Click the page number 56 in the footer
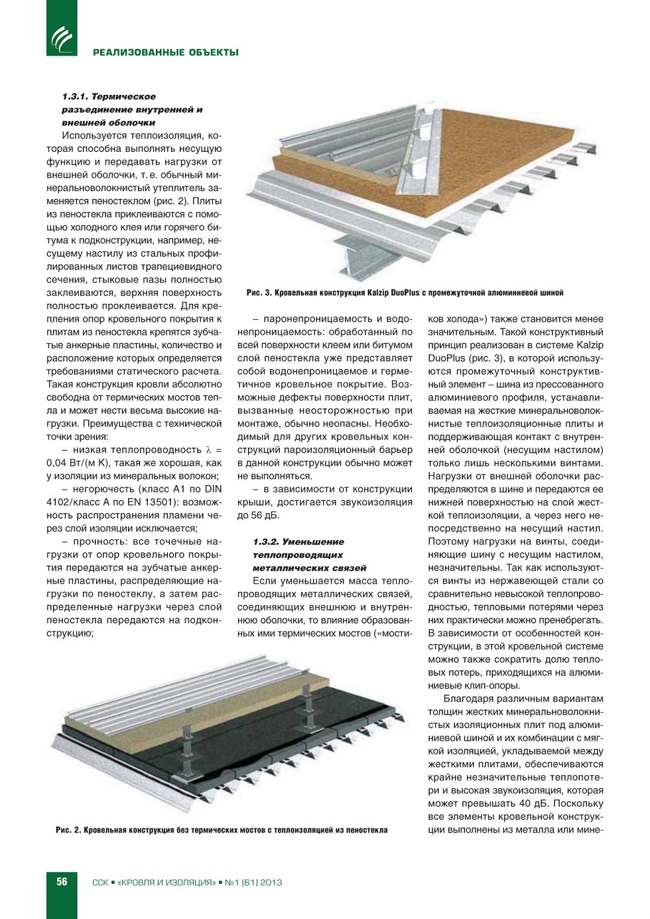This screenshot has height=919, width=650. click(62, 882)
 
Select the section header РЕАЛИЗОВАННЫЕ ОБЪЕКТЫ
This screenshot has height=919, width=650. click(166, 52)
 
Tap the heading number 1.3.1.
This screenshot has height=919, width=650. click(75, 97)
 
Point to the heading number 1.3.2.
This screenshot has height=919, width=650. click(265, 542)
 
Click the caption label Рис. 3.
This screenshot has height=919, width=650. click(259, 293)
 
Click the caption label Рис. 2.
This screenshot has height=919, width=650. click(68, 830)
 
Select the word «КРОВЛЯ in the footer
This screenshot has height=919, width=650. click(135, 883)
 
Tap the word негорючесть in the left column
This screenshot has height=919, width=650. click(101, 489)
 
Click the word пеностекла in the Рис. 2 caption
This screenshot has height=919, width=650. click(365, 830)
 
